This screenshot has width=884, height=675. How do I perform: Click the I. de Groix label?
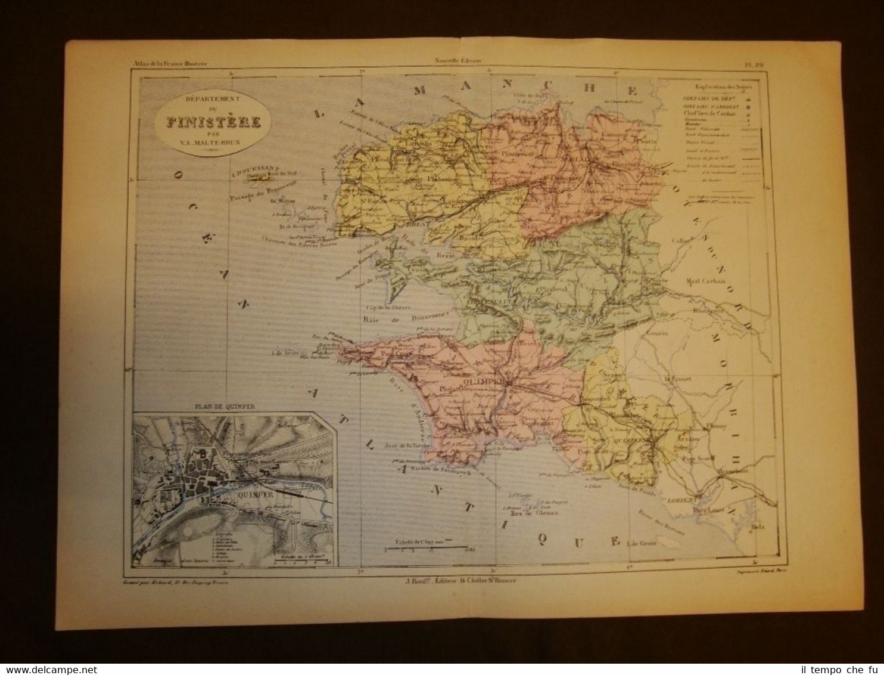click(644, 543)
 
